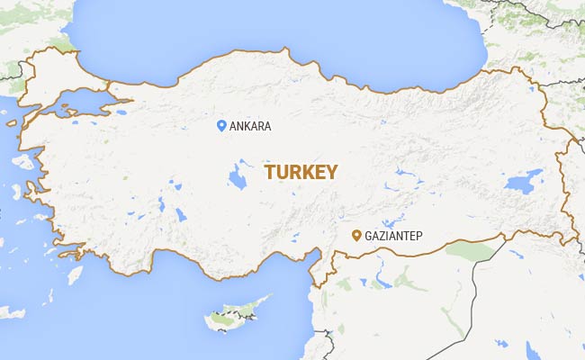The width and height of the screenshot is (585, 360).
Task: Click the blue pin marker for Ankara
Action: point(221,126)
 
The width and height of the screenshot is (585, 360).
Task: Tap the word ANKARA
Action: point(250,127)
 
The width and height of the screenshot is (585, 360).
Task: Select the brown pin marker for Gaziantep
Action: point(356,236)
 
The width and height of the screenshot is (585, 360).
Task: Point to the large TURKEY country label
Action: point(301,172)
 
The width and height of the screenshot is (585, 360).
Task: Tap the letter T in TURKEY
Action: point(269,172)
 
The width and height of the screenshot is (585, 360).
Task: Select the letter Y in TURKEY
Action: point(332,172)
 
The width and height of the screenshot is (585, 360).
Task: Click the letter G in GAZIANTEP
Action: point(369,237)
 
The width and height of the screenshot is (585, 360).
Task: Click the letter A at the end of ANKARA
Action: point(266,127)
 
